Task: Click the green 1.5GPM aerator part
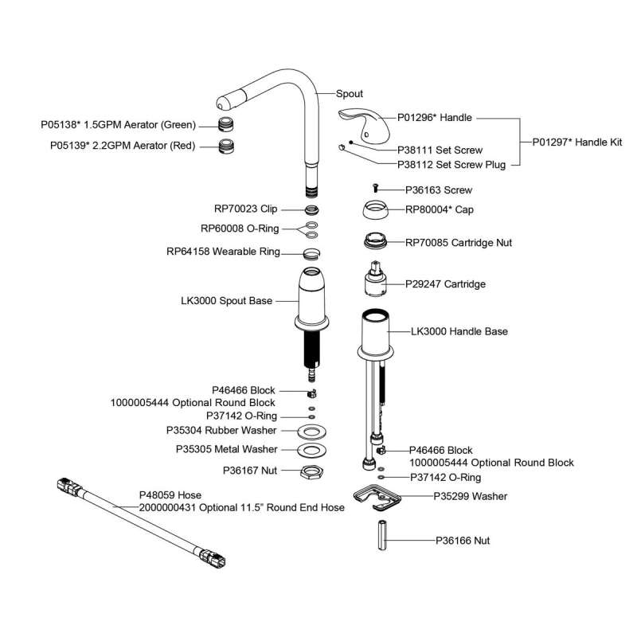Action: coord(231,125)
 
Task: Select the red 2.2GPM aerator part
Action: coord(231,146)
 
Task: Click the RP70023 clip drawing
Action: coord(313,210)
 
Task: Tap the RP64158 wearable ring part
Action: coord(313,254)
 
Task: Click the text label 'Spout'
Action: coord(350,94)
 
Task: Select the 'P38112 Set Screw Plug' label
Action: coord(451,166)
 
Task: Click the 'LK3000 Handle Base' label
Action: coord(459,330)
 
